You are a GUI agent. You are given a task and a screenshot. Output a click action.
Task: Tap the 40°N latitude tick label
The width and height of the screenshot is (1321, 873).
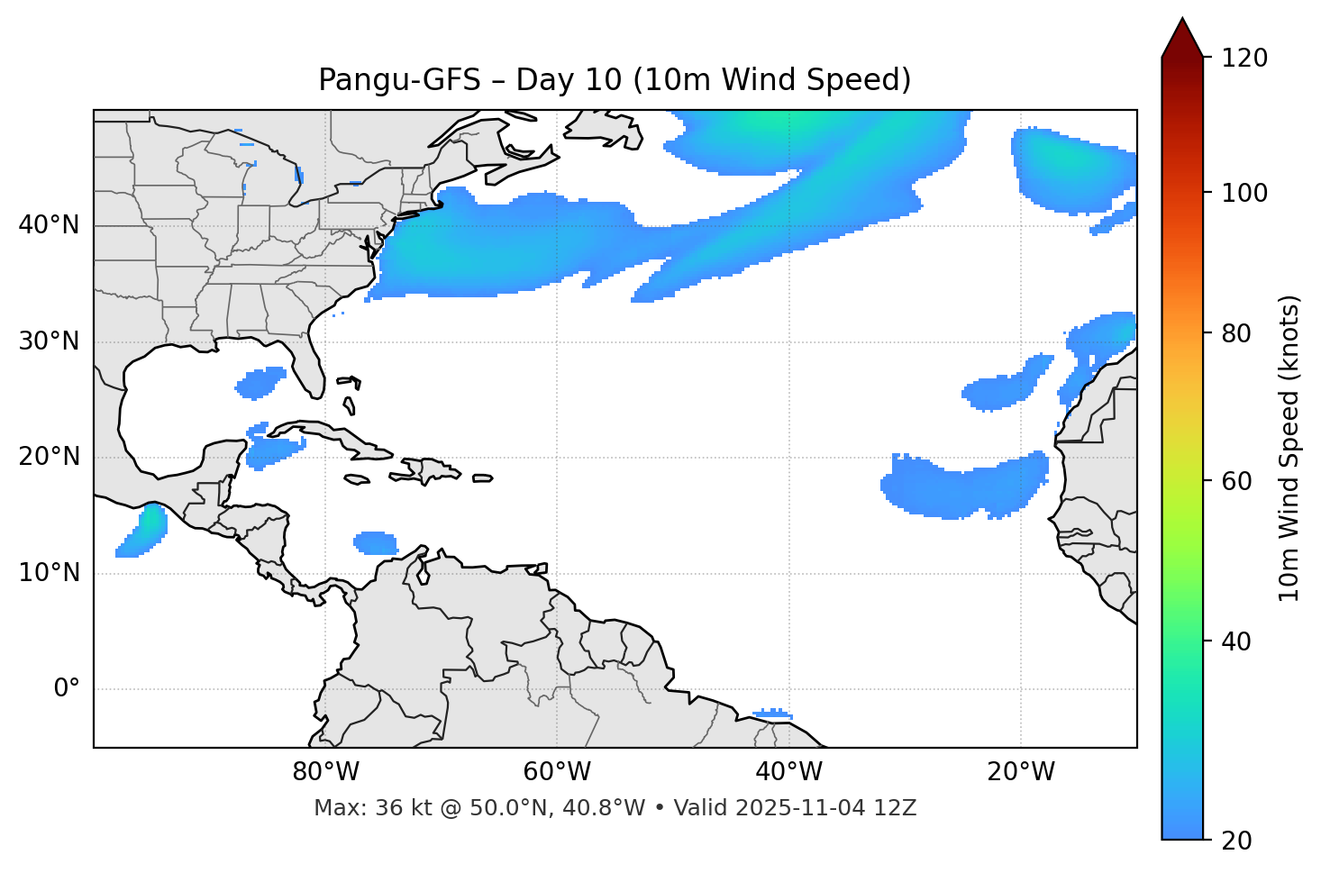tap(49, 225)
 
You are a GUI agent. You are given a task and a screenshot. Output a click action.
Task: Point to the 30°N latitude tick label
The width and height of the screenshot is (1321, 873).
tap(49, 341)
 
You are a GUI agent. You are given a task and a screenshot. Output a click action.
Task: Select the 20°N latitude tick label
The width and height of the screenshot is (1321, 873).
tap(49, 457)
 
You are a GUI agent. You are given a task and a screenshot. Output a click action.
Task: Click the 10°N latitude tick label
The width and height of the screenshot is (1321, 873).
tap(49, 573)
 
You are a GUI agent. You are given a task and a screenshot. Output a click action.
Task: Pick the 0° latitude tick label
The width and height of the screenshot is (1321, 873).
tap(67, 689)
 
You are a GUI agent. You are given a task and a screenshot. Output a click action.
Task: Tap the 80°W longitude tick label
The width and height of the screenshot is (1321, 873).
tap(325, 772)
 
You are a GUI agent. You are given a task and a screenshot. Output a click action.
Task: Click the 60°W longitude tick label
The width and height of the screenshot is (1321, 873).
tap(557, 772)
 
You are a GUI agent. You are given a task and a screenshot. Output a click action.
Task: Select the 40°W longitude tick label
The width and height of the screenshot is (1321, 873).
tap(788, 772)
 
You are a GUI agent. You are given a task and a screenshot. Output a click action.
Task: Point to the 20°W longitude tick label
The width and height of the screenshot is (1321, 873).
tap(1020, 772)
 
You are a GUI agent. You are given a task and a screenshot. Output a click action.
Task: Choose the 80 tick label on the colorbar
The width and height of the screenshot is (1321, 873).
tap(1241, 333)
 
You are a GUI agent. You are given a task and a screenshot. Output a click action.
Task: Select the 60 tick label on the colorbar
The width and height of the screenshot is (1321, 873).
tap(1241, 481)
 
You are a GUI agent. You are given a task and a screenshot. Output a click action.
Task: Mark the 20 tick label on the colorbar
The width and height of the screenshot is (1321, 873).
tap(1241, 841)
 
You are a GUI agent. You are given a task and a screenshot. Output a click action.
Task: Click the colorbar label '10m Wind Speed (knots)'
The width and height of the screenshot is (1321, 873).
tap(1289, 448)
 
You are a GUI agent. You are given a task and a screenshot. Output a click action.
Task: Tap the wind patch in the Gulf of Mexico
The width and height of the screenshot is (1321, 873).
tap(261, 383)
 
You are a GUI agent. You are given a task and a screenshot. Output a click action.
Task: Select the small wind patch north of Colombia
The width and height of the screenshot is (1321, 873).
tap(376, 542)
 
